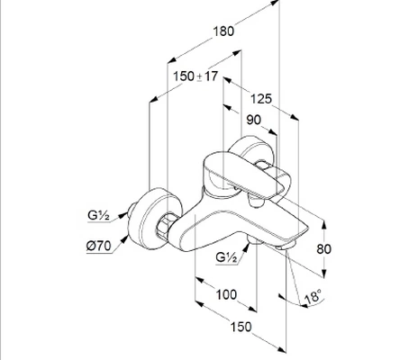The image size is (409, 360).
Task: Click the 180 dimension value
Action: [x=223, y=31]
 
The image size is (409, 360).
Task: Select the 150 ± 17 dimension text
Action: [x=195, y=76]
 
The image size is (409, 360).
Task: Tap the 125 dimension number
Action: [x=261, y=99]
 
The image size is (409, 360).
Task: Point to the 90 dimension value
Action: [x=254, y=120]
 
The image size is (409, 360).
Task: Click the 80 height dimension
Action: [x=324, y=248]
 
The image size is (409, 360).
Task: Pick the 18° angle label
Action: [x=313, y=297]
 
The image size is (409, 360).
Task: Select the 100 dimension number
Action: [x=226, y=294]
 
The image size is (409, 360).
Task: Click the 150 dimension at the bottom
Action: [x=241, y=327]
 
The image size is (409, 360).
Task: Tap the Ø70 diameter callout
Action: [x=99, y=246]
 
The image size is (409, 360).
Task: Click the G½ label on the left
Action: [x=98, y=215]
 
